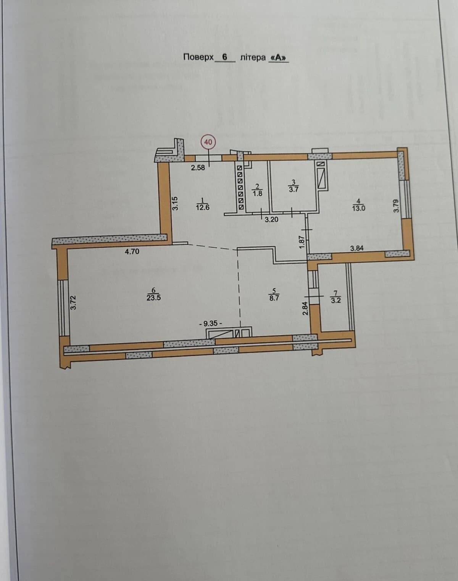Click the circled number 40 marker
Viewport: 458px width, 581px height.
coord(208,142)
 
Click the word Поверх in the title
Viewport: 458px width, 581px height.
coord(198,57)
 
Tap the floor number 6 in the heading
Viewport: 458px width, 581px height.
coord(224,57)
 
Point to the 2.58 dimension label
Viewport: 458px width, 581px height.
coord(198,168)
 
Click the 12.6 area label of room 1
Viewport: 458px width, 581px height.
coord(203,207)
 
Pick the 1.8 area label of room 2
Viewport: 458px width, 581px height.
coord(258,193)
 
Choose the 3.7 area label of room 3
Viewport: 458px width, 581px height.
coord(294,189)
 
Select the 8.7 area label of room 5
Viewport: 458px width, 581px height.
coord(274,298)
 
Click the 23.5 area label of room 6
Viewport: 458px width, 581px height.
coord(154,298)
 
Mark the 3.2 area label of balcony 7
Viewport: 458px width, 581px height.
coord(335,300)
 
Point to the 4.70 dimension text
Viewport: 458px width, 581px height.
coord(132,252)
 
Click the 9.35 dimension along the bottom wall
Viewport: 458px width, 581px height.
coord(211,323)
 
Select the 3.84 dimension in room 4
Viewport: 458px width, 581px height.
coord(356,248)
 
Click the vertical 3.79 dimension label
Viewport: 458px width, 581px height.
coord(396,206)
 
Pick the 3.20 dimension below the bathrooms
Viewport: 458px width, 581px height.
coord(271,219)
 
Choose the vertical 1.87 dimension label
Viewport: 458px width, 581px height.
coord(302,242)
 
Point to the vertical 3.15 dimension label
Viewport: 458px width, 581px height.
coord(175,203)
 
